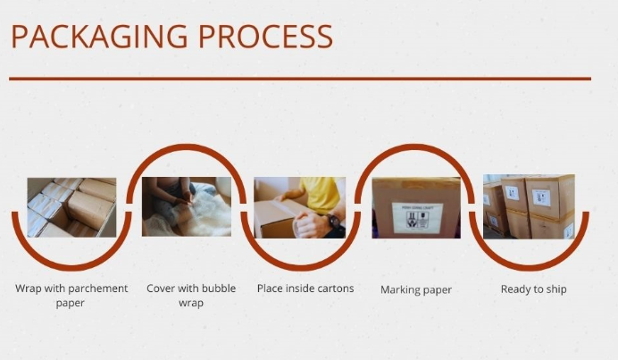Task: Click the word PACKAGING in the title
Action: tap(100, 37)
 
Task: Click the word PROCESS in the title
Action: tap(265, 37)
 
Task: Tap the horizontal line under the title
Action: tap(300, 79)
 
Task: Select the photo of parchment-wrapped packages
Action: tap(71, 207)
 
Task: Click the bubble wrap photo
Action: tap(187, 206)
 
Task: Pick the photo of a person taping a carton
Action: tap(299, 207)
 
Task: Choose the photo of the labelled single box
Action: tap(416, 208)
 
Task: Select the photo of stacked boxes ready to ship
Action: tap(529, 206)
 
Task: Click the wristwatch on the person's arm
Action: tap(333, 222)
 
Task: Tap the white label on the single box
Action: tap(417, 218)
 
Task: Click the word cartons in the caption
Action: tap(336, 289)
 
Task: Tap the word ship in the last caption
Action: tap(556, 289)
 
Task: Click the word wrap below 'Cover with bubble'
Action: tap(191, 303)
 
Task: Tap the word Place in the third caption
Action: tap(270, 289)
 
